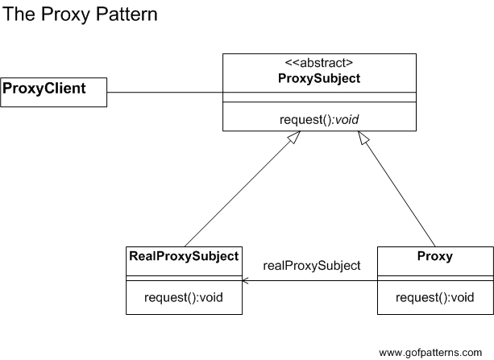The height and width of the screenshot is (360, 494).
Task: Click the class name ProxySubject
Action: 319,79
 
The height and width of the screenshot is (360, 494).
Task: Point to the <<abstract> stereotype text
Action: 319,63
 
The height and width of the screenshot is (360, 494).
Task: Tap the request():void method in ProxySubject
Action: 319,119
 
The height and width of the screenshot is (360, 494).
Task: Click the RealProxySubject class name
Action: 185,257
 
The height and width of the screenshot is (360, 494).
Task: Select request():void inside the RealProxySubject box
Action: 185,297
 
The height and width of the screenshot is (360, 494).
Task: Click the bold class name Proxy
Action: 434,257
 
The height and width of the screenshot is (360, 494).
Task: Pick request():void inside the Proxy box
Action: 434,297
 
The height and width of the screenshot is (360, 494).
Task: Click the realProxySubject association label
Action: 311,265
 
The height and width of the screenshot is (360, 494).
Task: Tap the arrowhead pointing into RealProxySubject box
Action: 246,280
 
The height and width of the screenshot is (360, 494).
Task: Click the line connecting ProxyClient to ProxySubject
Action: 165,92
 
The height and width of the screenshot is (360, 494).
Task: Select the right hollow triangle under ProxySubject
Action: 363,138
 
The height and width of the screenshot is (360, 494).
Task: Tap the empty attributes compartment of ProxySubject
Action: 319,98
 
